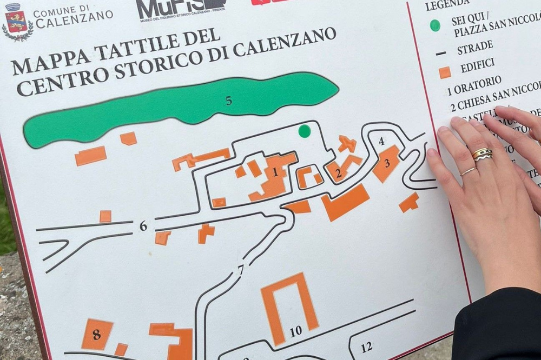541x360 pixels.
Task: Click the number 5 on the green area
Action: [229, 101]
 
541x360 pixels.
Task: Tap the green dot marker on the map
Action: [305, 131]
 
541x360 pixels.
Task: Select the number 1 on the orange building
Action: [275, 172]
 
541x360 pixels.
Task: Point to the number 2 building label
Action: [339, 174]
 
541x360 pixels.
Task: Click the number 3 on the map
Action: [387, 163]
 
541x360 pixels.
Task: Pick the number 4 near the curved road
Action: [381, 142]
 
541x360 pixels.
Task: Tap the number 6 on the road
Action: [143, 226]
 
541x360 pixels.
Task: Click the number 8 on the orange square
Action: [96, 335]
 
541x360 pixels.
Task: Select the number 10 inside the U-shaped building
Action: [295, 331]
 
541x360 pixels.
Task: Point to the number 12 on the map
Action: [366, 347]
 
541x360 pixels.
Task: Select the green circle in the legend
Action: [435, 25]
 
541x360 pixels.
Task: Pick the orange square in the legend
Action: [445, 72]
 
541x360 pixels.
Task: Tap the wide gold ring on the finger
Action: [482, 154]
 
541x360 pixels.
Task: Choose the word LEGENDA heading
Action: [447, 5]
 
